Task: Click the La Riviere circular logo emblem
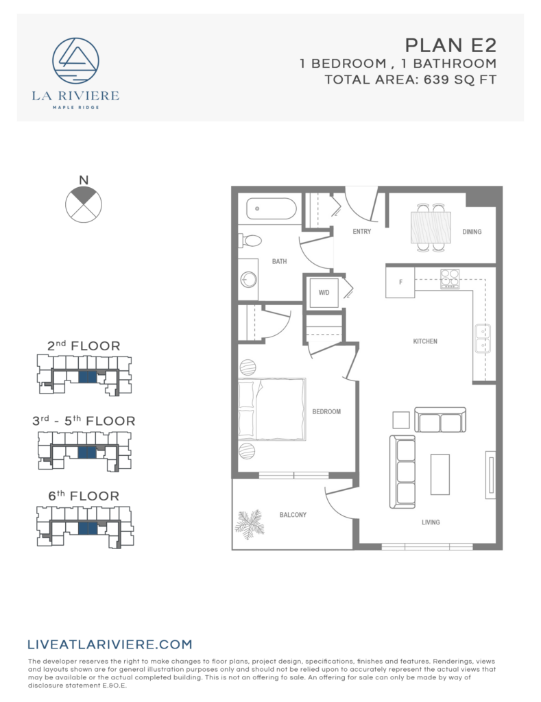click(x=75, y=60)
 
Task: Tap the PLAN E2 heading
click(x=450, y=45)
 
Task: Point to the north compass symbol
click(x=84, y=202)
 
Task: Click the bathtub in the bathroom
click(x=271, y=208)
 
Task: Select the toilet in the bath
click(x=250, y=241)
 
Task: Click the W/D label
click(x=324, y=293)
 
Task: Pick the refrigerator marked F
click(x=400, y=282)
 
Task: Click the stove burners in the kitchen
click(x=450, y=278)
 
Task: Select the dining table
click(x=431, y=226)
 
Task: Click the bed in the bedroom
click(x=272, y=409)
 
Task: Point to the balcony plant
click(x=249, y=524)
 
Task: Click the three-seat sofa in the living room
click(x=406, y=472)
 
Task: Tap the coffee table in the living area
click(x=440, y=474)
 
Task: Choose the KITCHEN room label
click(x=425, y=341)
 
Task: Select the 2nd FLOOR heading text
click(x=84, y=346)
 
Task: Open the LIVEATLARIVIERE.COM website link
click(x=110, y=644)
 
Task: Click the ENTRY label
click(x=362, y=232)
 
